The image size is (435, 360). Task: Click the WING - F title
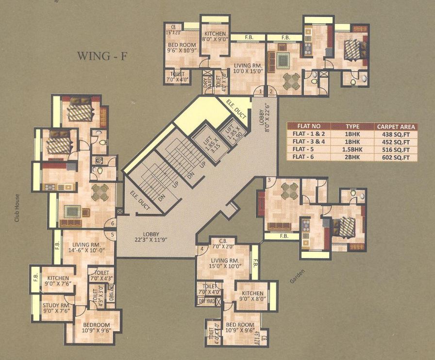pyautogui.click(x=102, y=56)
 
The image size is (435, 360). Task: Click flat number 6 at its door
pyautogui.click(x=113, y=224)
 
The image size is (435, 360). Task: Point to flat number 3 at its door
pyautogui.click(x=268, y=181)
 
